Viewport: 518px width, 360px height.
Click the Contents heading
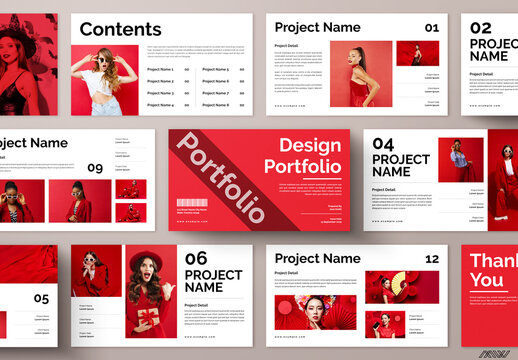(120, 29)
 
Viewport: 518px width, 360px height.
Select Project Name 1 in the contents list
(160, 69)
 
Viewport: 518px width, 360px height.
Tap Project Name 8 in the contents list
(215, 104)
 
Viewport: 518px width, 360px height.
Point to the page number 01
(431, 28)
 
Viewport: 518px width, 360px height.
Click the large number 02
(481, 28)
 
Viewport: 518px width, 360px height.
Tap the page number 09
(95, 168)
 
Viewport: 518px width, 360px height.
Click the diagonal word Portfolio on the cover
(221, 177)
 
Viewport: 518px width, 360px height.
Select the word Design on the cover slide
(309, 146)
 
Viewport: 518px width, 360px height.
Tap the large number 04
(383, 144)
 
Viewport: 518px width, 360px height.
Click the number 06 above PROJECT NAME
(196, 258)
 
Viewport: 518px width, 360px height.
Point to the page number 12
(432, 259)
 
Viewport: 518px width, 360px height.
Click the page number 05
(41, 298)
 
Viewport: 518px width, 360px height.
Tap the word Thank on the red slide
(494, 260)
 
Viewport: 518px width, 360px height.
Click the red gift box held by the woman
(147, 319)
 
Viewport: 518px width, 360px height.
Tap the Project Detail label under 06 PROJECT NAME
(196, 305)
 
